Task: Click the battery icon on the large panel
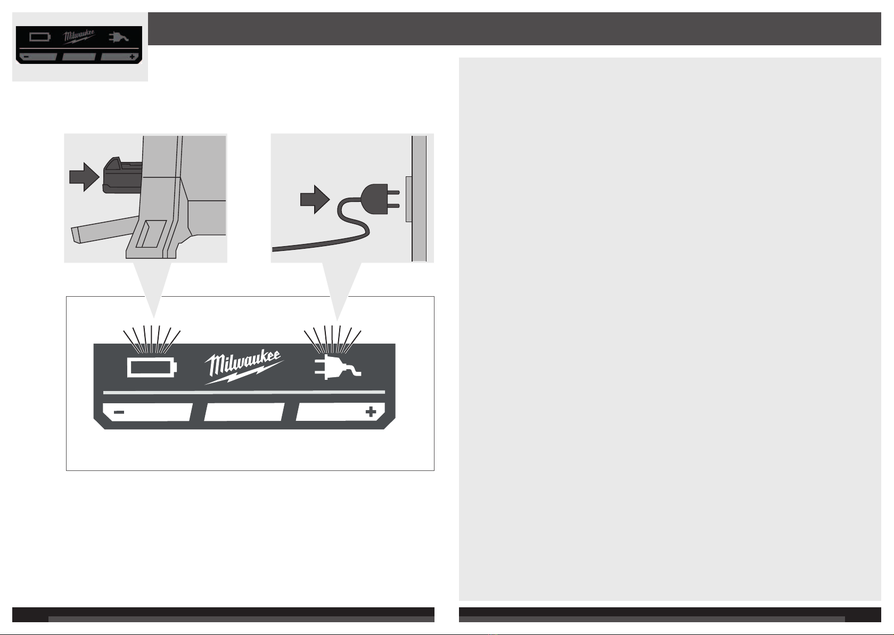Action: pyautogui.click(x=152, y=368)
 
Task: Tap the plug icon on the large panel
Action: pyautogui.click(x=338, y=367)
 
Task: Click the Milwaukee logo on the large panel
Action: pyautogui.click(x=244, y=368)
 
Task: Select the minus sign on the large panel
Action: pyautogui.click(x=119, y=412)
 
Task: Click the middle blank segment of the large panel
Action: pyautogui.click(x=244, y=412)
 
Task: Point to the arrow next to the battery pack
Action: pyautogui.click(x=84, y=177)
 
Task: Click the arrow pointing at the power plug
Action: pyautogui.click(x=315, y=199)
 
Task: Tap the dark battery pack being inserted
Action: pyautogui.click(x=122, y=175)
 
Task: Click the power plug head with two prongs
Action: pyautogui.click(x=380, y=199)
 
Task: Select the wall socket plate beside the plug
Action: pyautogui.click(x=409, y=199)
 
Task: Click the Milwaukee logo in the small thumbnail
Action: pyautogui.click(x=79, y=37)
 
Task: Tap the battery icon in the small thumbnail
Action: pyautogui.click(x=40, y=37)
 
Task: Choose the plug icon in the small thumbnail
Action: pyautogui.click(x=119, y=37)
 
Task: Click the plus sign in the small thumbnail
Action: pyautogui.click(x=132, y=57)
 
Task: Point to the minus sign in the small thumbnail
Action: pyautogui.click(x=26, y=57)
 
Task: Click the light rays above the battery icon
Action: pyautogui.click(x=152, y=340)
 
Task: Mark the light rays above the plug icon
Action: pyautogui.click(x=332, y=340)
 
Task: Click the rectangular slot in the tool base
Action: pyautogui.click(x=151, y=234)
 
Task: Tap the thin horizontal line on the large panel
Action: pyautogui.click(x=244, y=393)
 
